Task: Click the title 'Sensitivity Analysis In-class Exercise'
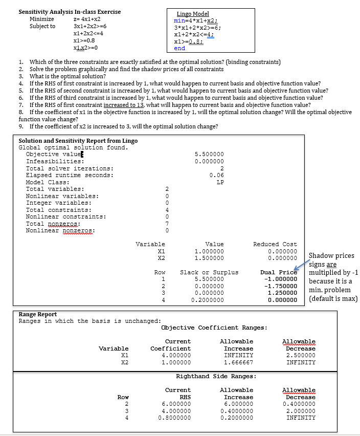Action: pos(70,11)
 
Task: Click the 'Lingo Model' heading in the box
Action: pos(193,14)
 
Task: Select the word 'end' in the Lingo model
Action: pos(179,48)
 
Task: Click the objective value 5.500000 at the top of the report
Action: pos(209,154)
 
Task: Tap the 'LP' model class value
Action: pos(220,182)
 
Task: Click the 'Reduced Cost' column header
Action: pos(275,244)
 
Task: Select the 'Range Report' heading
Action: pos(38,314)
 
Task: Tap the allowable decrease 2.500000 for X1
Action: pos(299,355)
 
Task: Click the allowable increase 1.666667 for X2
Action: pos(236,362)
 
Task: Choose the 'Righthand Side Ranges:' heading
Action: pos(216,376)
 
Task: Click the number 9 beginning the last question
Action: pos(21,126)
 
